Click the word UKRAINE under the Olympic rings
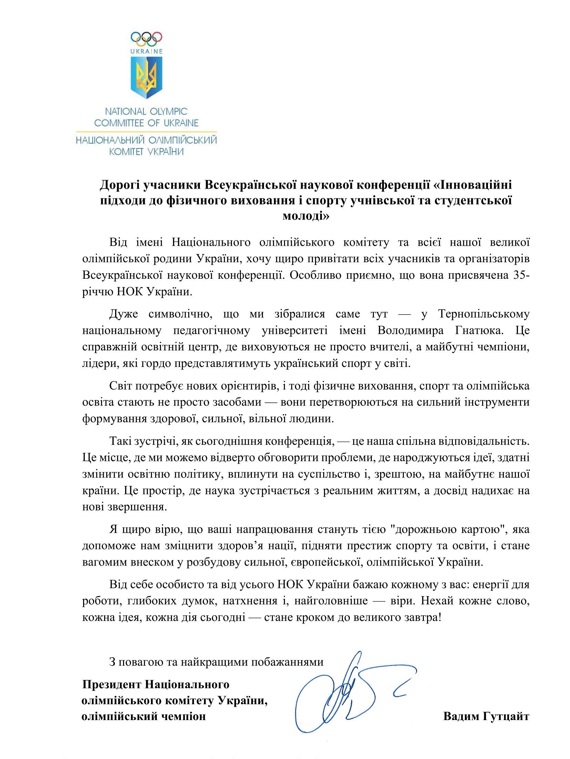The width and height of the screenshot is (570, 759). coord(146,52)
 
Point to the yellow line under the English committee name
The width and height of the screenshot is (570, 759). coord(146,131)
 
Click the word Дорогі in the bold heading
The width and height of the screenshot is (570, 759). coord(118,185)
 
